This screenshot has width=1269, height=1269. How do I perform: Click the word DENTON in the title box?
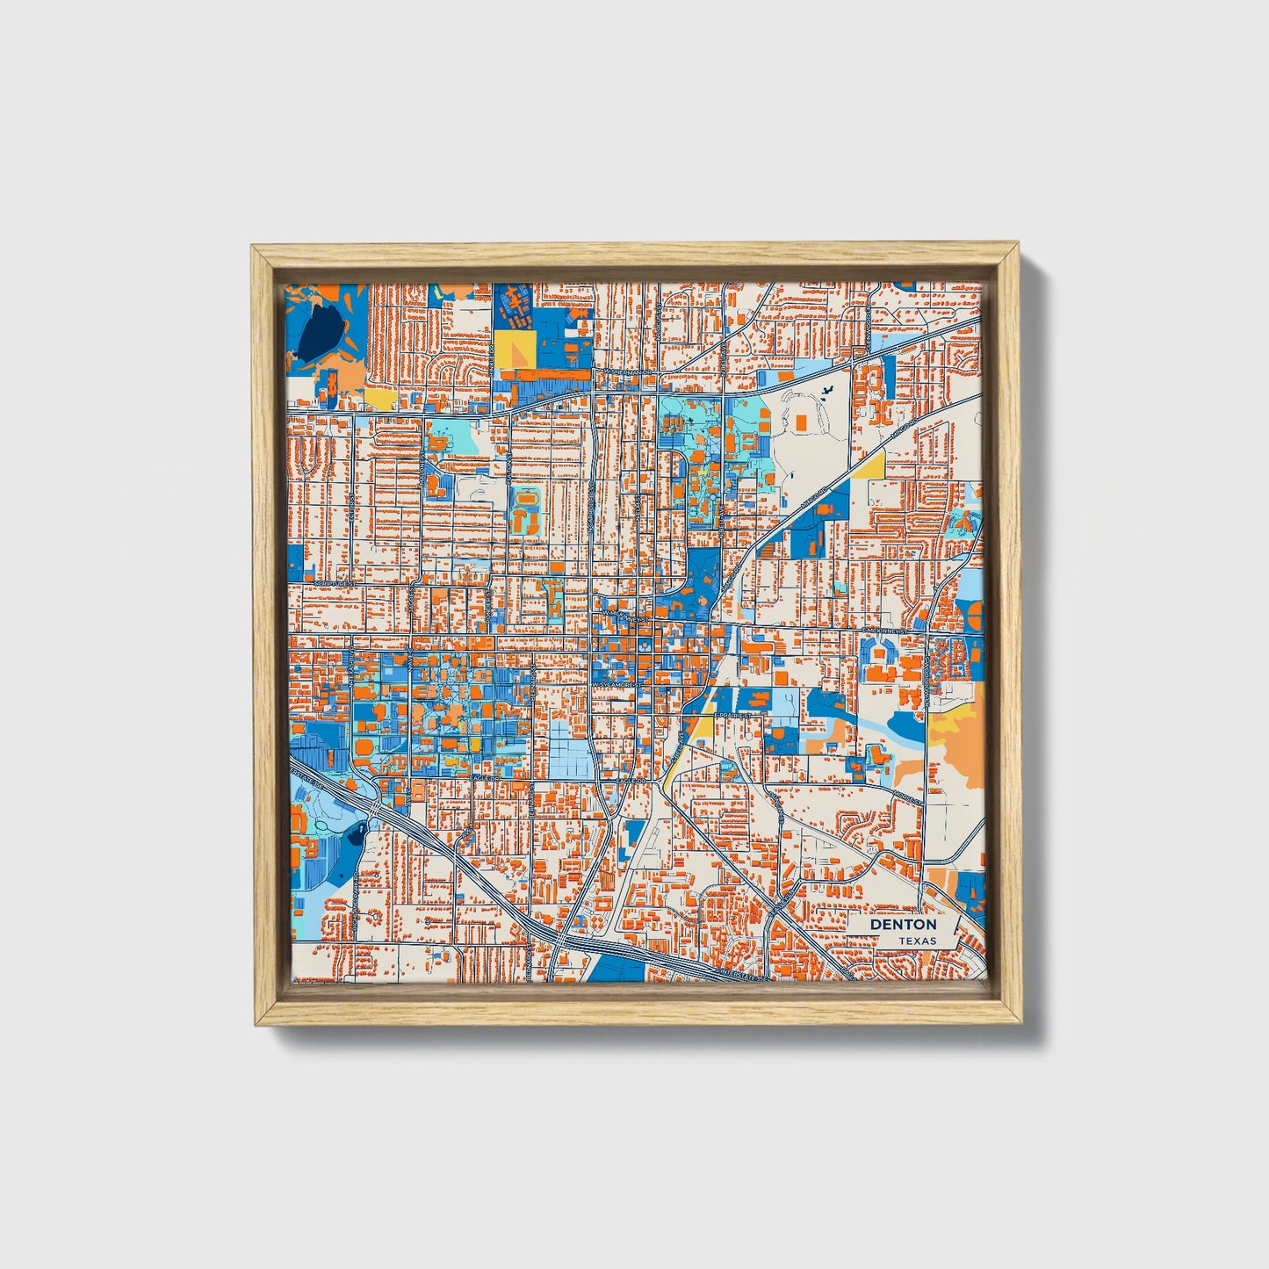click(x=903, y=925)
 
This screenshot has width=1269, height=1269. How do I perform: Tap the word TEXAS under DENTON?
click(x=917, y=941)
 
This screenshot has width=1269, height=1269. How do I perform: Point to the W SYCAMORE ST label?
click(x=613, y=684)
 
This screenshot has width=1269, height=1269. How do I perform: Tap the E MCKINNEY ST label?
click(x=886, y=631)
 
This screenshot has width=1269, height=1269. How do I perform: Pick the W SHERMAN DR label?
click(x=626, y=372)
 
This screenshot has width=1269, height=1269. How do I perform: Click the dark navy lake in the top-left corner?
click(x=315, y=333)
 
